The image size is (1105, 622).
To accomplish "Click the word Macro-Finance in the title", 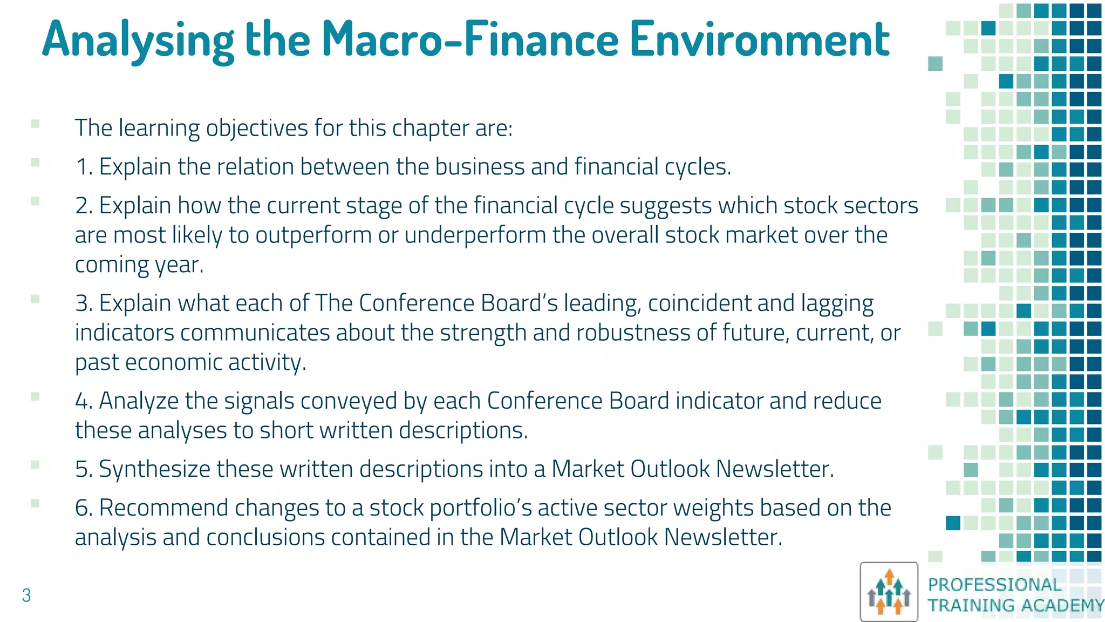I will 469,39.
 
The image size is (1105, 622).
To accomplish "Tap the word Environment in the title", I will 759,39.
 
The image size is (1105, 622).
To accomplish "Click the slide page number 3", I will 26,596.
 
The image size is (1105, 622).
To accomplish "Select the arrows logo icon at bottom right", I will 889,592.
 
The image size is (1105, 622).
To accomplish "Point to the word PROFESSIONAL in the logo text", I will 994,584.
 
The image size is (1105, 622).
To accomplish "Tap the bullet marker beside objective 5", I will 36,464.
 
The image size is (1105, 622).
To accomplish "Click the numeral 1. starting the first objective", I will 84,167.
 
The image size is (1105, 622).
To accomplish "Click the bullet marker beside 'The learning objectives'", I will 36,124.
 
